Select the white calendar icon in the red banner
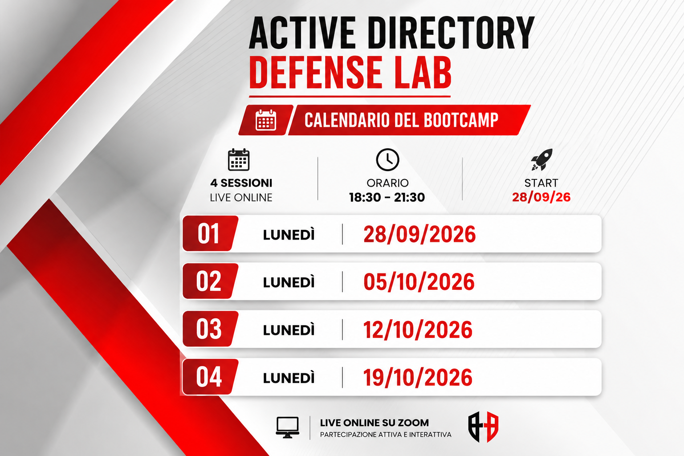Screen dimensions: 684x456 click(266, 120)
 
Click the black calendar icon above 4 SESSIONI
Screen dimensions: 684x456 click(239, 159)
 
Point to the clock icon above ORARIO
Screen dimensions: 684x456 click(387, 159)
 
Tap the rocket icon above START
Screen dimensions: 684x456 click(541, 159)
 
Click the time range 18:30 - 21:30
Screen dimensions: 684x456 click(387, 197)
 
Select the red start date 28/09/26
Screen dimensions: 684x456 click(541, 197)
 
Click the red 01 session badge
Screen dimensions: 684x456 click(210, 233)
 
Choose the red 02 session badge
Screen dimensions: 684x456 click(210, 281)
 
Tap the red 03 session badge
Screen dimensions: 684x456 click(210, 329)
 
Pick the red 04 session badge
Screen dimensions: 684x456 click(210, 377)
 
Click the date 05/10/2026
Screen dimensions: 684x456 click(419, 281)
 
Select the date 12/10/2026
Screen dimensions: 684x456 click(418, 329)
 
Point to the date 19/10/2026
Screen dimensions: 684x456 click(418, 377)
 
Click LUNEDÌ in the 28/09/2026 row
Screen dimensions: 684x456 click(289, 234)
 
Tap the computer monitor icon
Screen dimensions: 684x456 click(287, 427)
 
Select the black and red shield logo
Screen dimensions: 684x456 click(483, 427)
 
